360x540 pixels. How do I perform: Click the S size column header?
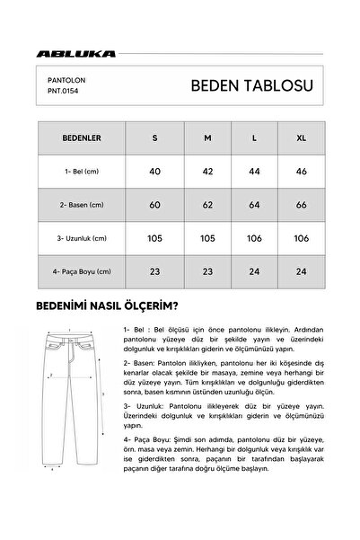tap(154, 140)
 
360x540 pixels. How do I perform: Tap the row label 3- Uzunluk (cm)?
tap(80, 238)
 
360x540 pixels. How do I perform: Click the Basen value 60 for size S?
tap(154, 205)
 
